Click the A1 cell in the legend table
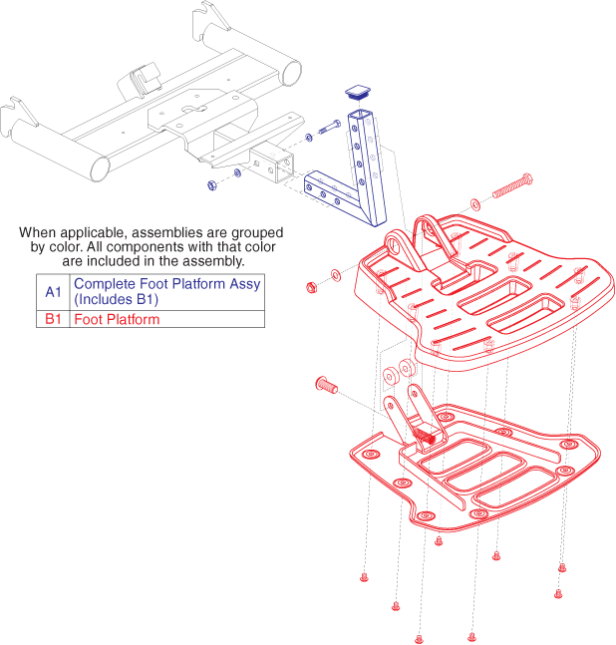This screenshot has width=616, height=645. coord(53,292)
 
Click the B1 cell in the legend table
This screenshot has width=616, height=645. coord(53,319)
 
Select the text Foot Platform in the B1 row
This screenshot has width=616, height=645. coord(117,319)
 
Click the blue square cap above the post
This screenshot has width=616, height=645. coord(358,92)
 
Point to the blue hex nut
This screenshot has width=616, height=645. coord(211,185)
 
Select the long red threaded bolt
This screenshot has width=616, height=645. coord(512,186)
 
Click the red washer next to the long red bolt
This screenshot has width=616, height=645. coord(474,204)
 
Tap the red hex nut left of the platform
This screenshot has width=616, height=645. coord(312,287)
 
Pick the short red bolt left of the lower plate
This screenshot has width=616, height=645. coord(327,385)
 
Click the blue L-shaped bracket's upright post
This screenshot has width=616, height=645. coord(367,167)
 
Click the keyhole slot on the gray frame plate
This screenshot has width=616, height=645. coord(194,110)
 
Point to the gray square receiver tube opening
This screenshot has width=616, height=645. coord(285,166)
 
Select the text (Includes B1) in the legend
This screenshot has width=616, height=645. coord(117,299)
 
